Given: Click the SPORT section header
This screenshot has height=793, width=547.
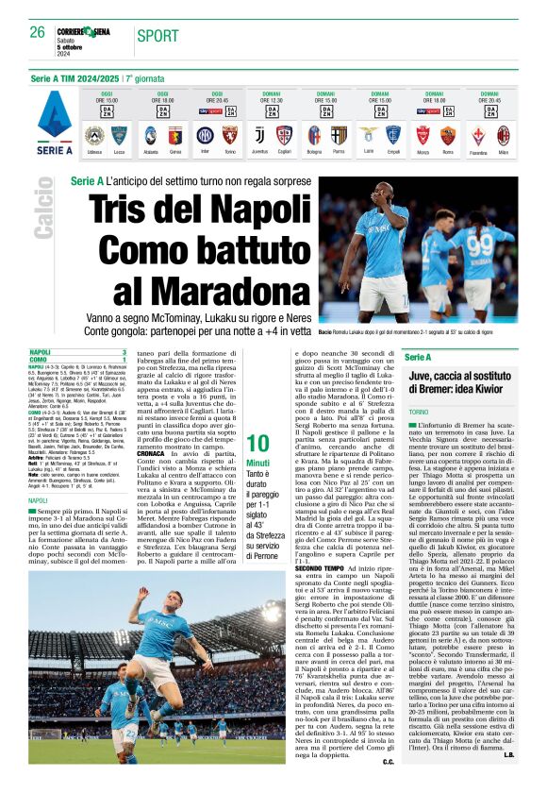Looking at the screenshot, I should click(157, 36).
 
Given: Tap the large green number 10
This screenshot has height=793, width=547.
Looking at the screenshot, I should click(257, 445).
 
